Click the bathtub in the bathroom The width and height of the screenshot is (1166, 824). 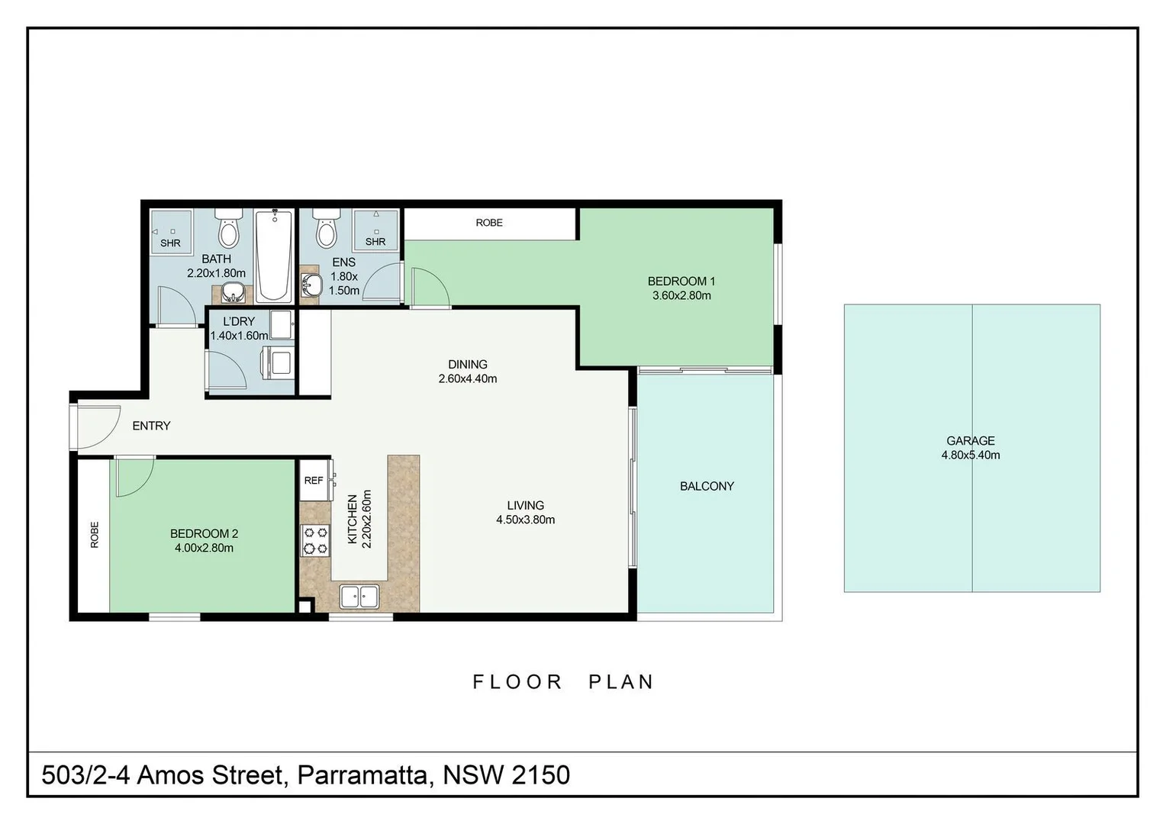pos(273,256)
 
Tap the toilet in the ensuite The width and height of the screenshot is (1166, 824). pos(327,229)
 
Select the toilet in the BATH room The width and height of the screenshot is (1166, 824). pos(228,229)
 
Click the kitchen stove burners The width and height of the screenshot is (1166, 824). pos(315,540)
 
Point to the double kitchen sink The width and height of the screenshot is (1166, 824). pos(359,597)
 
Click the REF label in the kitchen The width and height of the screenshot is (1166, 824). pos(314,481)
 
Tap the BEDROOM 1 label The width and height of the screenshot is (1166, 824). pos(681,282)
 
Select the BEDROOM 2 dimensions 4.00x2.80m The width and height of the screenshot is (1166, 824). pos(204,548)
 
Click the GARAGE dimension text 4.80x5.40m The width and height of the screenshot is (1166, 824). pos(971,455)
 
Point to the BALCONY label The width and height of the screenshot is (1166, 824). pos(707,486)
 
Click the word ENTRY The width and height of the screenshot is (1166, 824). pos(152,426)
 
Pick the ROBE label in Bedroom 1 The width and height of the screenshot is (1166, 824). pos(489,223)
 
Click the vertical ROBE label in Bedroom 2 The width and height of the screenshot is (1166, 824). pos(94,535)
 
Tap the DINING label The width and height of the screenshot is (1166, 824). pos(468,365)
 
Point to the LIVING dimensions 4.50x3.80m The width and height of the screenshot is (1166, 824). pos(525,520)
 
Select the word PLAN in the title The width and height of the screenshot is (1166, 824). pos(620,682)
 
